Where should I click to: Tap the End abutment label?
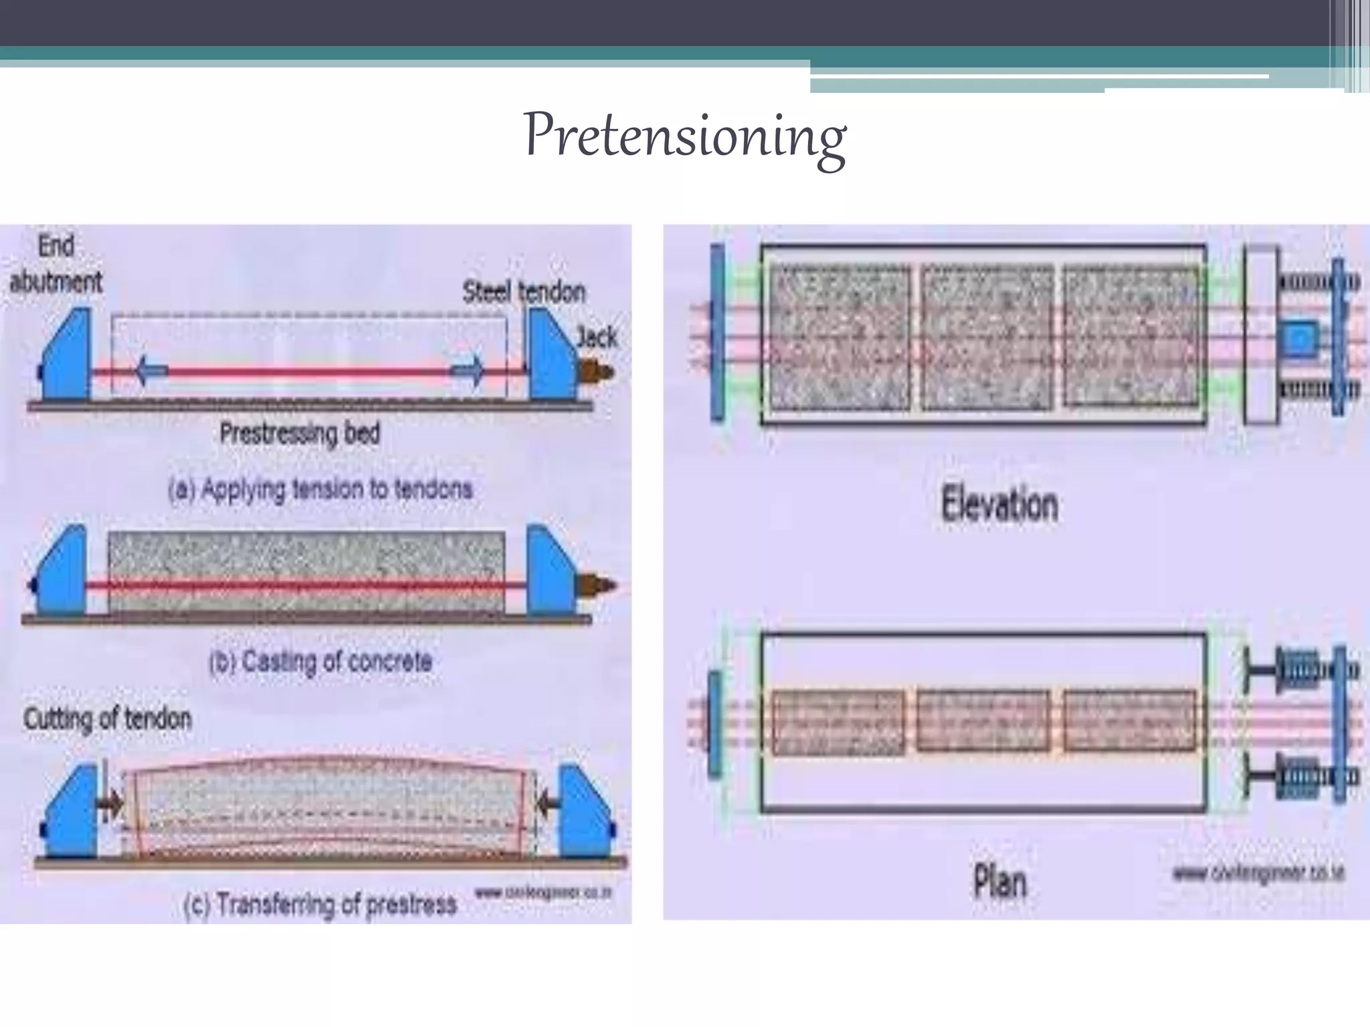pyautogui.click(x=56, y=263)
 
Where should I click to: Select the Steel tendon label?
pyautogui.click(x=524, y=292)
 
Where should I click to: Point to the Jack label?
pyautogui.click(x=597, y=336)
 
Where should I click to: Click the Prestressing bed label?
pyautogui.click(x=300, y=433)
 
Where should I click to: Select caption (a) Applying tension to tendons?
pyautogui.click(x=320, y=489)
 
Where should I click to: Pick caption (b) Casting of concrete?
pyautogui.click(x=320, y=661)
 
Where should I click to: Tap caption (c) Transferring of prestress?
pyautogui.click(x=320, y=904)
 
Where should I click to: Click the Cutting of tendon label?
pyautogui.click(x=107, y=719)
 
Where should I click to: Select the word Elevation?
pyautogui.click(x=999, y=504)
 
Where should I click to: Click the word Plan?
pyautogui.click(x=999, y=881)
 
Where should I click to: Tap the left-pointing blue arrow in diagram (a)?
pyautogui.click(x=151, y=370)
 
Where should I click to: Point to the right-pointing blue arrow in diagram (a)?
pyautogui.click(x=468, y=370)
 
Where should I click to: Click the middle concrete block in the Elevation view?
pyautogui.click(x=987, y=337)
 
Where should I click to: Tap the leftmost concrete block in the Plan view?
pyautogui.click(x=838, y=722)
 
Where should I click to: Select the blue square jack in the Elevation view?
pyautogui.click(x=1299, y=338)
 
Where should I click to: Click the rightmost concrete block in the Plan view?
pyautogui.click(x=1129, y=721)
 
